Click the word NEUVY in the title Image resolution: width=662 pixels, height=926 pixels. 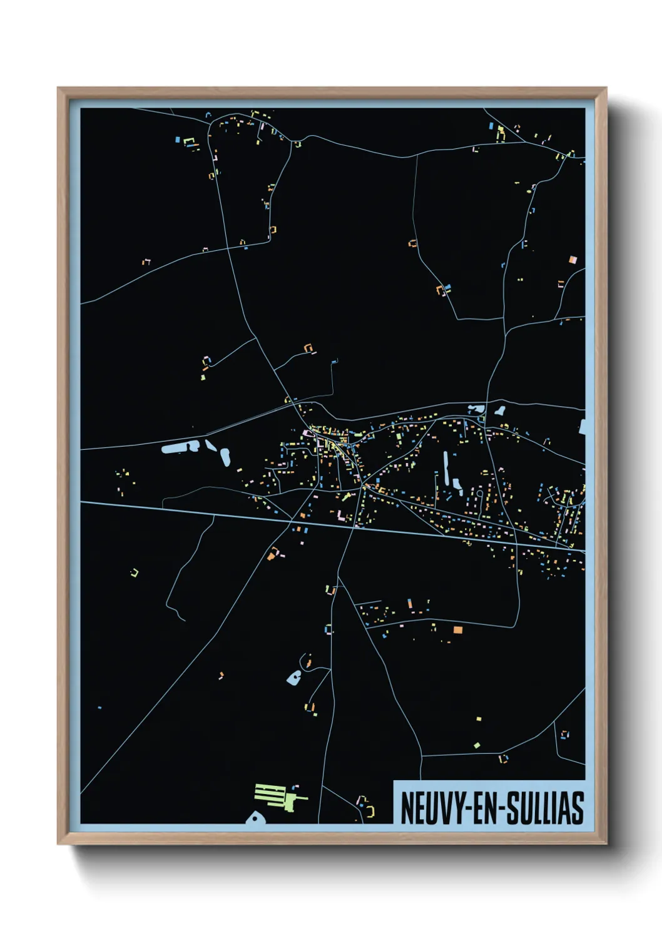pos(429,808)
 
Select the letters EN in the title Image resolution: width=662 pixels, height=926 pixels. pos(482,808)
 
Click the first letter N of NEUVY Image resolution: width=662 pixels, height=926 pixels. pos(406,808)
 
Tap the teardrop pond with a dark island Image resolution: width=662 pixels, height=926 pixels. pos(293,677)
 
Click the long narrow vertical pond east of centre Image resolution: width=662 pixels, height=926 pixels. pos(446,468)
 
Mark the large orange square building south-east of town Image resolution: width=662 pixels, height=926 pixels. pos(457,630)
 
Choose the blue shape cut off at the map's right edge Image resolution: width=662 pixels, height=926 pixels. pos(582,427)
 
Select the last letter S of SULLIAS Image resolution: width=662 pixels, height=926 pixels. pos(578,808)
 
